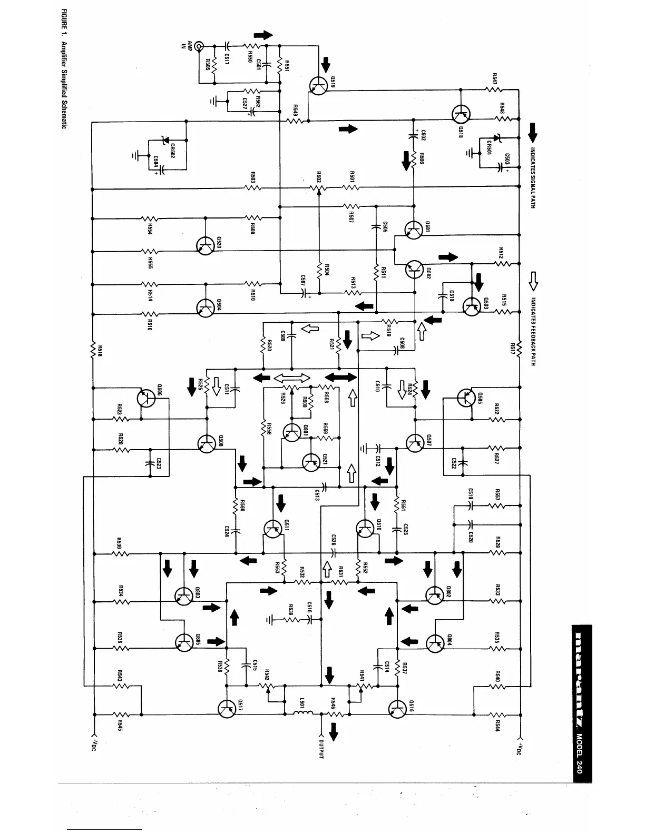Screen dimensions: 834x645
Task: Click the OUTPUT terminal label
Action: [320, 748]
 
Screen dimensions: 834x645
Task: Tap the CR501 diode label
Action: [490, 147]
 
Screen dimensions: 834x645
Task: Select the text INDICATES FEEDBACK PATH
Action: [533, 332]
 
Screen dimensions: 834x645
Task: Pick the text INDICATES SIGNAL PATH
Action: [533, 176]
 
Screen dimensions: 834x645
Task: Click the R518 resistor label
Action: [99, 351]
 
